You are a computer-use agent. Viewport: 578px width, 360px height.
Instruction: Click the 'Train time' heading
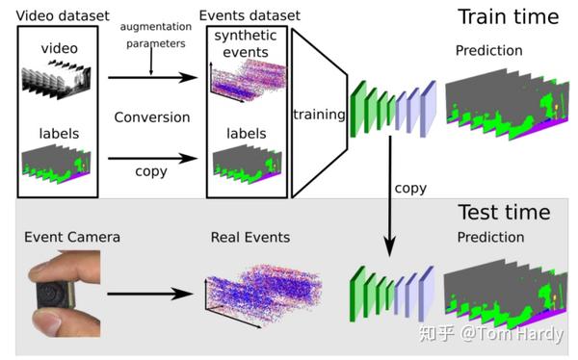(507, 16)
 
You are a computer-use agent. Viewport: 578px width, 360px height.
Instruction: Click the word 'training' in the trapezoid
(320, 116)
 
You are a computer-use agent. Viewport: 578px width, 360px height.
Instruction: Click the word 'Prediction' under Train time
(489, 50)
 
